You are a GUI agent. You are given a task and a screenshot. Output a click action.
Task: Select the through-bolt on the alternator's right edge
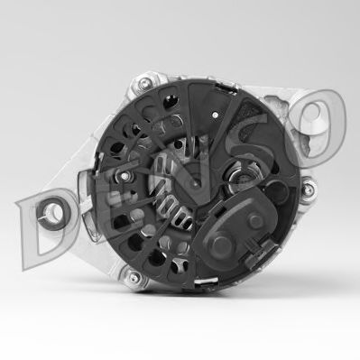click(308, 189)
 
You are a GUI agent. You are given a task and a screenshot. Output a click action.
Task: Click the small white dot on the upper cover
click(215, 115)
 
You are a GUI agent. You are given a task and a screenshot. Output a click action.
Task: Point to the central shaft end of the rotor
click(195, 180)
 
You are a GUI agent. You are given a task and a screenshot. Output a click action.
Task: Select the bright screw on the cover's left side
click(125, 176)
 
